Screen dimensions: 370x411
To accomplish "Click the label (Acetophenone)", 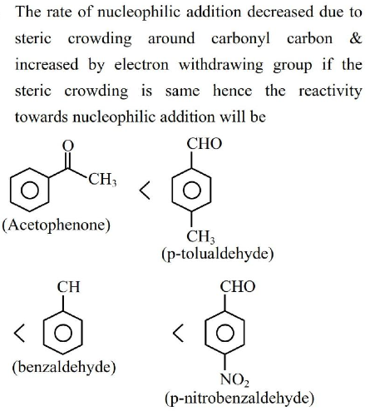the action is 56,225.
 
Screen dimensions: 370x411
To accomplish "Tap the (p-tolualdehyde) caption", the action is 218,254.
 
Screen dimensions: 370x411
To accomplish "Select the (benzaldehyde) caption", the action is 64,367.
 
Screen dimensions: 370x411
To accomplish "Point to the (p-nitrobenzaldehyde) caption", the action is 239,399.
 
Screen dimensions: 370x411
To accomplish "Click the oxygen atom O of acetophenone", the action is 68,146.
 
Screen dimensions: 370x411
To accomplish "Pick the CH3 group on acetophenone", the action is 102,179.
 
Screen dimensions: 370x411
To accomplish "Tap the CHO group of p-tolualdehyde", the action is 205,144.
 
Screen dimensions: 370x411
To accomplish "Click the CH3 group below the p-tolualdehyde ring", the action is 200,237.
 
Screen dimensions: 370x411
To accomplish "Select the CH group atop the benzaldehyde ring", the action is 68,287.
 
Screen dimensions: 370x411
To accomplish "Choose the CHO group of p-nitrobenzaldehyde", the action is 238,286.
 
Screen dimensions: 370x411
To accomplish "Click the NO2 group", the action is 234,379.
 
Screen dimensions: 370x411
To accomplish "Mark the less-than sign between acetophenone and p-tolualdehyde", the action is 145,191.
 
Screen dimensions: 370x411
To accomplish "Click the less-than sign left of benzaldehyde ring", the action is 19,333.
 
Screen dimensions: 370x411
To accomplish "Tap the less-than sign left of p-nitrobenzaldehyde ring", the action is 178,333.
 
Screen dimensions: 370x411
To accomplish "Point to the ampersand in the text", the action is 356,38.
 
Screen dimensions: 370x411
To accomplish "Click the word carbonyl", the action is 240,39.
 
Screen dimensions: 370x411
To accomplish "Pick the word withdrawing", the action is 221,66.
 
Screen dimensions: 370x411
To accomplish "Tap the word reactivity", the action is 331,92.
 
